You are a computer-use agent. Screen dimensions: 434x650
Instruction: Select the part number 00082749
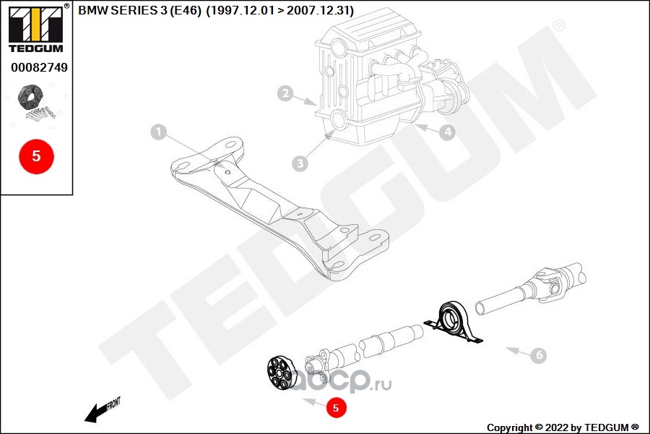pos(39,67)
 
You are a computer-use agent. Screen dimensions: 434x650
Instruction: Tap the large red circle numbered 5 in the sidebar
pos(36,156)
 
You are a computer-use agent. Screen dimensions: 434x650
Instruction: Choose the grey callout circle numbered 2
pos(287,93)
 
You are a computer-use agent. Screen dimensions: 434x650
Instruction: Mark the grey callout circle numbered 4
pos(448,132)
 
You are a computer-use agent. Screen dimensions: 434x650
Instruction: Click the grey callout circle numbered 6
pos(538,355)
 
